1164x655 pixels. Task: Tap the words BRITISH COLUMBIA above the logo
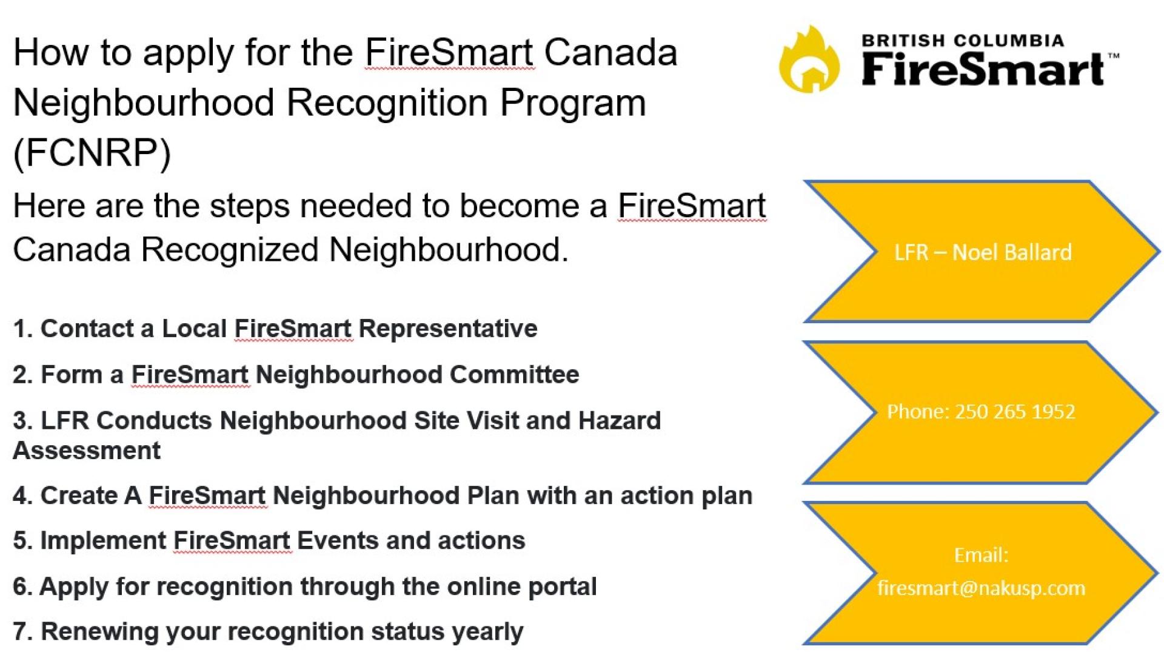963,41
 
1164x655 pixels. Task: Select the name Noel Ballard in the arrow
1012,252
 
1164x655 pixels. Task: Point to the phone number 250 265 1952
1015,411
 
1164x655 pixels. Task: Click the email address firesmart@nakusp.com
981,587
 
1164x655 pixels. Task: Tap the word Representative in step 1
448,328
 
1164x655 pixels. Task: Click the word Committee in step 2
514,374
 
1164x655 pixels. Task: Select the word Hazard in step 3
619,420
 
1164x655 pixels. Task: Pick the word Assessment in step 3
87,451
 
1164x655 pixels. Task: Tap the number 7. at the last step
22,631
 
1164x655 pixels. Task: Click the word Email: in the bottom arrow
981,554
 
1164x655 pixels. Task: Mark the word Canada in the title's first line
610,52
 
